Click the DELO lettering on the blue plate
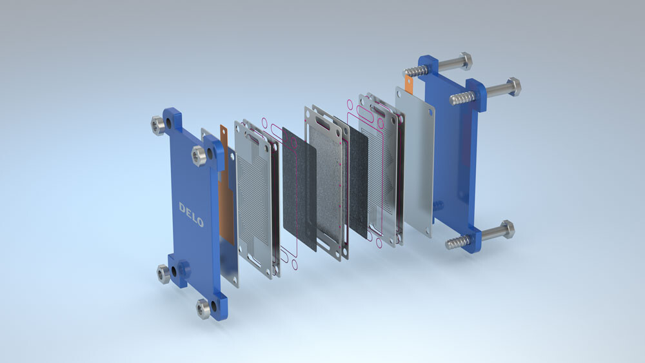click(x=191, y=215)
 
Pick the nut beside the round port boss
click(x=163, y=273)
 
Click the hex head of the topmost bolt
click(x=464, y=61)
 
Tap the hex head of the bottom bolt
click(x=506, y=229)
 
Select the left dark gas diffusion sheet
click(x=299, y=187)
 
